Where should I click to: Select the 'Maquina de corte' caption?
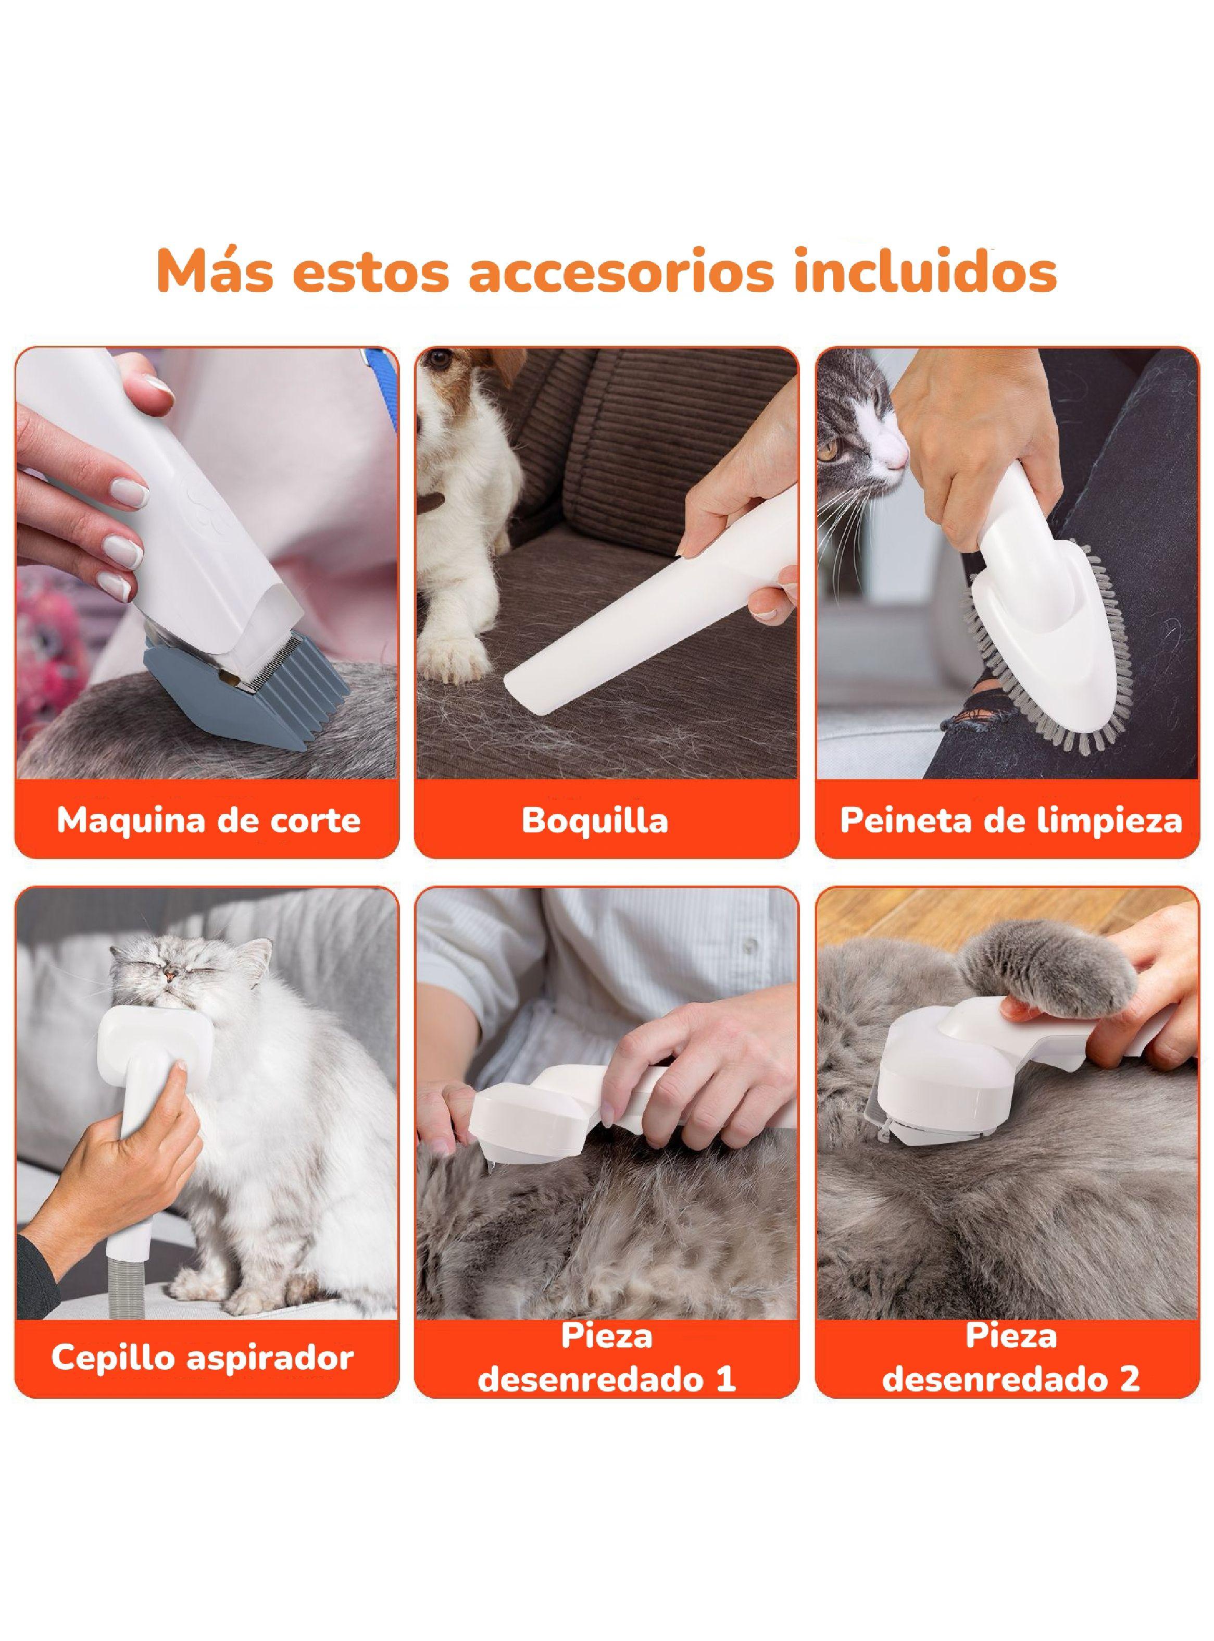point(209,820)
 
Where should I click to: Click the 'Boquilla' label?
point(595,820)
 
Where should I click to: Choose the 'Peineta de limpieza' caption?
point(1010,820)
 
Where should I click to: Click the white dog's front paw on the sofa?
point(456,658)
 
